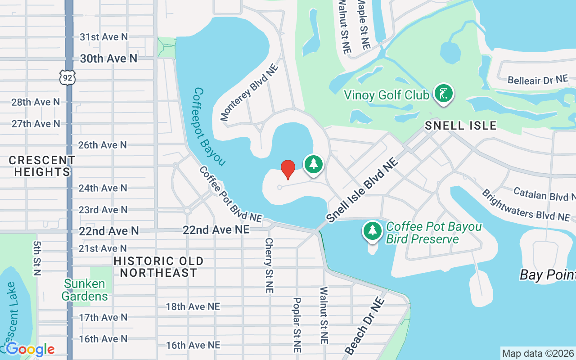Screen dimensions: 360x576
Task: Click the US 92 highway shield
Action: click(x=67, y=77)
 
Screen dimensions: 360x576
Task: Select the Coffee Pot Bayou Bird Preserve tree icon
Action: click(x=372, y=231)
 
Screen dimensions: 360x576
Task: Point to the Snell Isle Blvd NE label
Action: click(x=363, y=190)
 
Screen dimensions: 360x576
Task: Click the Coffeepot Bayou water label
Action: click(x=209, y=126)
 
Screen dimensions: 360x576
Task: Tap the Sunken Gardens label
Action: click(x=85, y=290)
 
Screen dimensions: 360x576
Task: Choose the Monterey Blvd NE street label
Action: click(x=250, y=93)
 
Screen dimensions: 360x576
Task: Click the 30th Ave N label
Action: click(x=108, y=58)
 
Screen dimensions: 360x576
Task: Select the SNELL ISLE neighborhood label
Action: click(x=460, y=126)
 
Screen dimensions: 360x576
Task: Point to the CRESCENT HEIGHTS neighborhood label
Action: click(x=42, y=166)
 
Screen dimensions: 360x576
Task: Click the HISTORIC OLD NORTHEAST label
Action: click(x=158, y=267)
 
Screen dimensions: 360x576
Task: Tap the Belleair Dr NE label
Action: click(x=537, y=80)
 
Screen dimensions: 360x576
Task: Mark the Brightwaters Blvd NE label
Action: click(x=526, y=205)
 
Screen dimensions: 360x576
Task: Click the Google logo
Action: click(x=30, y=349)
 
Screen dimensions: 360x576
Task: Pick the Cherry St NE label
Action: click(x=269, y=265)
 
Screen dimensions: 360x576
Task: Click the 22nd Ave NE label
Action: click(x=216, y=230)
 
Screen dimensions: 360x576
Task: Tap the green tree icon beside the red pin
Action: click(x=314, y=164)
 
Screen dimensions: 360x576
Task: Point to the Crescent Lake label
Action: click(x=10, y=317)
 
